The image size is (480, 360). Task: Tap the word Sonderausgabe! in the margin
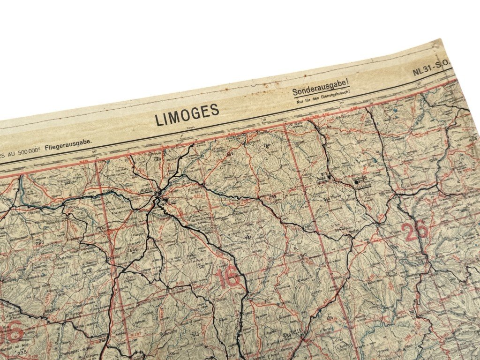[x=321, y=88]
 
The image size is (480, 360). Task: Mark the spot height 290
[x=39, y=242]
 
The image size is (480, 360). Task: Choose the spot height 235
[x=22, y=353]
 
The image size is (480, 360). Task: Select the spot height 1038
[x=433, y=160]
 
